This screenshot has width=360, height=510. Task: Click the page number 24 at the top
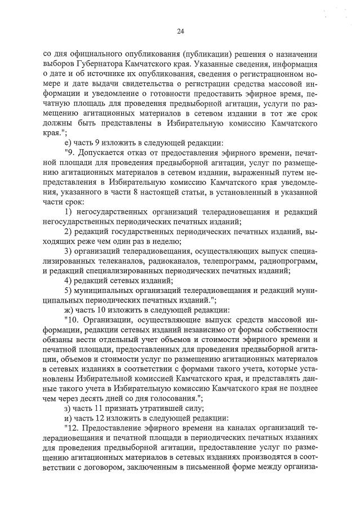pos(180,31)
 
